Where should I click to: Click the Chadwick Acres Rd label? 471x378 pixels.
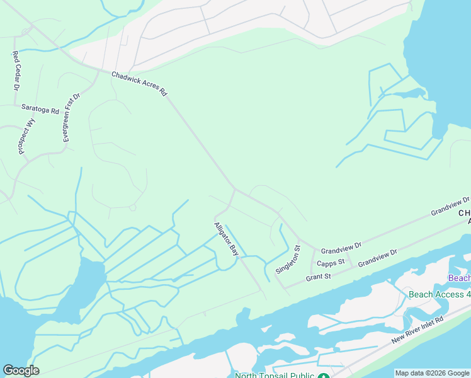(139, 83)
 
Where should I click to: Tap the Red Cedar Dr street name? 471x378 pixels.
(16, 70)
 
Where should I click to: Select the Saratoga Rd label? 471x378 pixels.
(40, 109)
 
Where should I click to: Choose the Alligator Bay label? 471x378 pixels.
(227, 239)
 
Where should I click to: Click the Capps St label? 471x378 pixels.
(331, 263)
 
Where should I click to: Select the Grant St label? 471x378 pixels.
(319, 276)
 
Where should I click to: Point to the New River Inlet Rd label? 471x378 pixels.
(417, 329)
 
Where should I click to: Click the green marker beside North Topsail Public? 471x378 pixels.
(323, 376)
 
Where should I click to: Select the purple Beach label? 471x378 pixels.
(459, 278)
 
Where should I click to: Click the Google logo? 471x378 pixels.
(21, 370)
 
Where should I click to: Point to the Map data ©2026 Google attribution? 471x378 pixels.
(432, 373)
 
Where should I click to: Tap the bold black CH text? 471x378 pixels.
(465, 214)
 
